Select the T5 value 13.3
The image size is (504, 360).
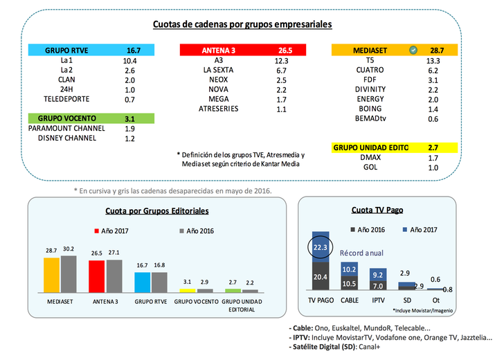(433, 60)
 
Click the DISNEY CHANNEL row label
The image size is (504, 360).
(67, 138)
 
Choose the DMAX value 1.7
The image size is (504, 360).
(433, 159)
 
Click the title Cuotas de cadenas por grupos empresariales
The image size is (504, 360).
(242, 24)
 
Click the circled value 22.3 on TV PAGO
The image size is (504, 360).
(320, 248)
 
